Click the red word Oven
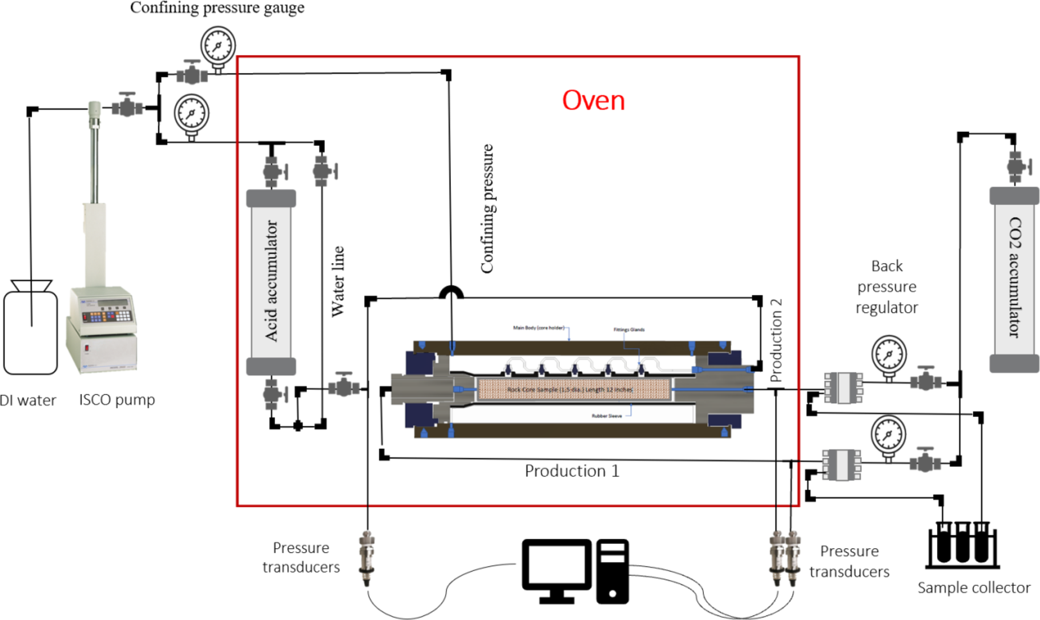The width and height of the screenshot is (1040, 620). pos(593,100)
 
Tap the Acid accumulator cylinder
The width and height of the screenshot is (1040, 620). pos(271,282)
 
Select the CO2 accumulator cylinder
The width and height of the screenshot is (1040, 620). pos(1014,279)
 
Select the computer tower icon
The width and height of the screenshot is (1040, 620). pos(612,571)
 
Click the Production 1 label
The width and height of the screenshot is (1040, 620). pos(571,471)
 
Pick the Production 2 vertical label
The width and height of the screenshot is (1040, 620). pos(776,340)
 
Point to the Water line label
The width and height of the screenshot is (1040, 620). pos(338,281)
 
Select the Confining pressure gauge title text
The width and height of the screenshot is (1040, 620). pos(217,8)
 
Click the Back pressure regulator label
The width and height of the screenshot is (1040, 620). pos(886,287)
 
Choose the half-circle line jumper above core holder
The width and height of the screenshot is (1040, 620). pos(451,292)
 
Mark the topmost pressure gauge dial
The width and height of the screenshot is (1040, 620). pos(217,46)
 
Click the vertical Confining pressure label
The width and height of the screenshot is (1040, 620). pos(487,209)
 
